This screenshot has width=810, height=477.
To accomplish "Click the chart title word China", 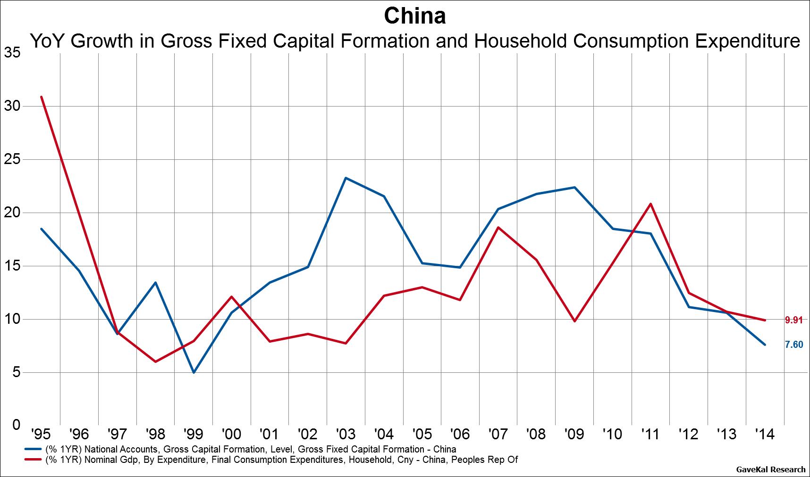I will tap(414, 16).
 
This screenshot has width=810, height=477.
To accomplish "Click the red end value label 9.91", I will tap(793, 320).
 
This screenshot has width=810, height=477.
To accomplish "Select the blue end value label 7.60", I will tap(793, 345).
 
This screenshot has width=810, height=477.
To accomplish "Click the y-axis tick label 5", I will tap(16, 372).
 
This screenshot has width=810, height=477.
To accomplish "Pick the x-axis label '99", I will tap(194, 434).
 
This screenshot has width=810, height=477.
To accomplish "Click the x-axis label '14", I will tap(765, 434).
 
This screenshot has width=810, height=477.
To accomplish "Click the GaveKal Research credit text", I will tap(771, 469).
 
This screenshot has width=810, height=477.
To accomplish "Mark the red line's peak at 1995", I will tap(42, 97).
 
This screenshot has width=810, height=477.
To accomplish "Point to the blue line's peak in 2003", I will tap(346, 178).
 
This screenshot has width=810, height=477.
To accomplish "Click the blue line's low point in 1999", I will tap(194, 372).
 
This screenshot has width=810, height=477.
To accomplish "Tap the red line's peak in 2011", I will tap(651, 204).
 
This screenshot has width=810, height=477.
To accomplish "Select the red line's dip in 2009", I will tap(574, 321).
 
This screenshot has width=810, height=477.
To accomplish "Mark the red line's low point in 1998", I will tap(155, 362).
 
